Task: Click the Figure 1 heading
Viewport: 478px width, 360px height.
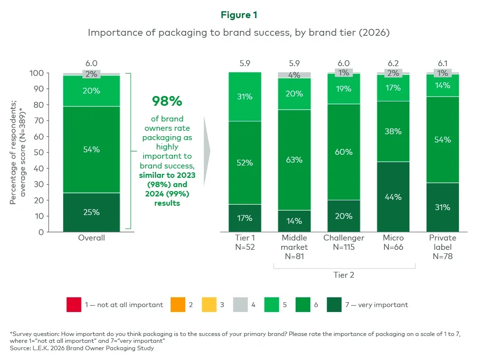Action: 239,15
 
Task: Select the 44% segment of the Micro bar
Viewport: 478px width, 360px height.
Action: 393,197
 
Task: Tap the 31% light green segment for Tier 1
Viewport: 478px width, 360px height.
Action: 245,97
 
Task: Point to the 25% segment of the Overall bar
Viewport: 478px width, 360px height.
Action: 92,212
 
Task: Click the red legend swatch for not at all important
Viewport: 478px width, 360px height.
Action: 74,305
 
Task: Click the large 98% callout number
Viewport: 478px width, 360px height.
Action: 167,101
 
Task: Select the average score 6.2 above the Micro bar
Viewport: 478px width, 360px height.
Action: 393,63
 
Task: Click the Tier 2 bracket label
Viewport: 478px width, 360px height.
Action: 344,275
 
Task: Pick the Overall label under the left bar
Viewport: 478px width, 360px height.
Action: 92,238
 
